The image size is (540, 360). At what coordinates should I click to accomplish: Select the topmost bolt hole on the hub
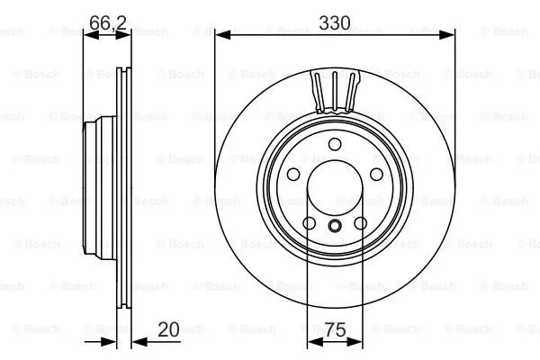click(x=335, y=145)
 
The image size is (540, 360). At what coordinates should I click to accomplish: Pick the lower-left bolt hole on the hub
click(x=308, y=224)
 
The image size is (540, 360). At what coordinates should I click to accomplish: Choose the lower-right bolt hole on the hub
click(x=362, y=224)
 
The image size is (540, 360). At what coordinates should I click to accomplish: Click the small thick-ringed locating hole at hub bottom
click(x=335, y=226)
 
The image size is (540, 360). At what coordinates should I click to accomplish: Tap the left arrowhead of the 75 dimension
click(x=311, y=342)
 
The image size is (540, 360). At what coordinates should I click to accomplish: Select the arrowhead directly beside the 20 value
click(x=138, y=342)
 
